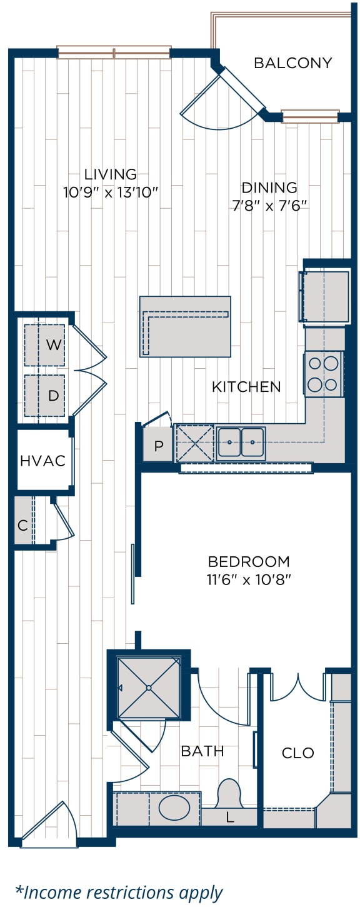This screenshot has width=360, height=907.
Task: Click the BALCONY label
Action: pos(292,63)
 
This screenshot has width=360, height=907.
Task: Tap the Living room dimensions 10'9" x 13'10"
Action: pos(110,193)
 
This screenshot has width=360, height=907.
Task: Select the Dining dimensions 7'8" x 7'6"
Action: pos(269,206)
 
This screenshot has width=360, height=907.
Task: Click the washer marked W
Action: pos(44,345)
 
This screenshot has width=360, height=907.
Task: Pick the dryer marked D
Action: pos(44,395)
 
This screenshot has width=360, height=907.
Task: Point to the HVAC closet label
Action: pos(43,461)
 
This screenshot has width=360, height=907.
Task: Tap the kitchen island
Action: pos(185,326)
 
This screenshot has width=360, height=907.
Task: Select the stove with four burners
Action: pos(324,374)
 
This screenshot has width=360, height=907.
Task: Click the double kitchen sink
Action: pos(241,443)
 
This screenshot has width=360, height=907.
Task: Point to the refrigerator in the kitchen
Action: pos(324,297)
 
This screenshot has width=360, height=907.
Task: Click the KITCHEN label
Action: pos(246,387)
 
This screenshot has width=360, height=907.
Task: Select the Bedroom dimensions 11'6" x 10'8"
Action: pos(249,580)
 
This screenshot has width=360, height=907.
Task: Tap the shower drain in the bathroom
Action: pos(149,688)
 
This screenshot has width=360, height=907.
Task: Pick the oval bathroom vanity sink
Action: pos(174,808)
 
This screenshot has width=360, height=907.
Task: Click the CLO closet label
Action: pos(298,753)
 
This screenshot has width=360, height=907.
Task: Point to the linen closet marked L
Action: pos(229,817)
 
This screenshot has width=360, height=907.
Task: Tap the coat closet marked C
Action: pos(24,525)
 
